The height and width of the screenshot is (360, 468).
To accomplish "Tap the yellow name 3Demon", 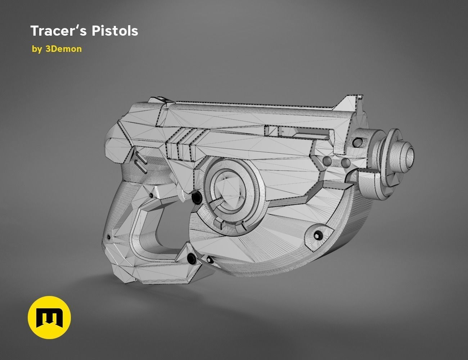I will click(x=63, y=49).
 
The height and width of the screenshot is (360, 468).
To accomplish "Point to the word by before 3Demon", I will click(x=37, y=49).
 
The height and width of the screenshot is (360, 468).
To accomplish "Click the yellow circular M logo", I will click(x=49, y=318).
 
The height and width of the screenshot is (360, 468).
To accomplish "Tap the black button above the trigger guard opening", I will click(x=197, y=197).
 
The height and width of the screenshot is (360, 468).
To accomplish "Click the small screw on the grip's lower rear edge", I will click(x=108, y=236).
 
